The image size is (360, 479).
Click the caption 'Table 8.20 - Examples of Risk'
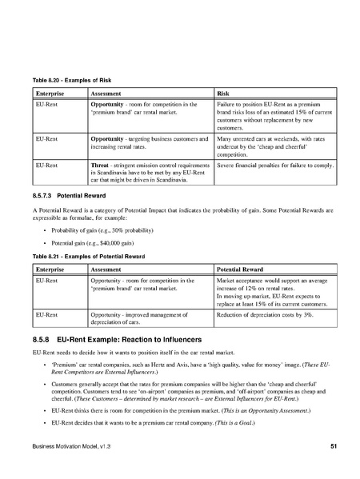tap(63, 83)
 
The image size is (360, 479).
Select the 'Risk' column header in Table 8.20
tap(225, 94)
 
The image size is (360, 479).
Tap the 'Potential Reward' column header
tap(244, 269)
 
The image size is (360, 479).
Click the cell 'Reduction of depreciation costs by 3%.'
tap(267, 316)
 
